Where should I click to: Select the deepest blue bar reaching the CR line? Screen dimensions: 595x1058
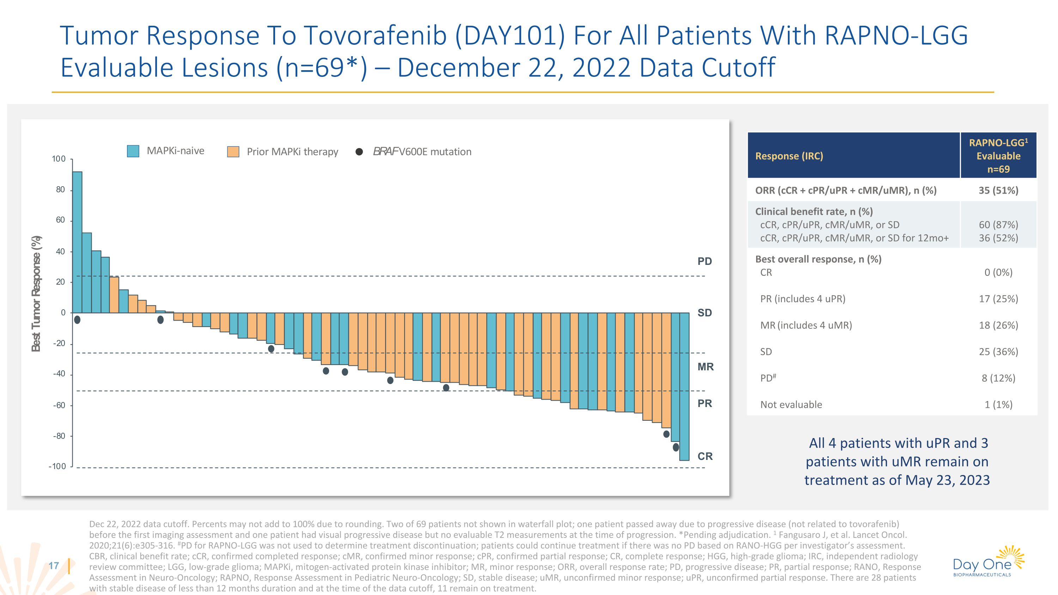684,386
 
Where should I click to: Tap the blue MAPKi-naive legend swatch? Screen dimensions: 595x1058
133,151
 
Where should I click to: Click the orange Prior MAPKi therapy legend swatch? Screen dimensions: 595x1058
233,152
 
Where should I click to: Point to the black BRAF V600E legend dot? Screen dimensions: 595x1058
359,152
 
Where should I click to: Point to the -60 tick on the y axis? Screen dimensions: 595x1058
59,406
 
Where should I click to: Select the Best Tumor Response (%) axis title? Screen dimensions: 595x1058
36,293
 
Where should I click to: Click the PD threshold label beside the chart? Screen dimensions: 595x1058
705,261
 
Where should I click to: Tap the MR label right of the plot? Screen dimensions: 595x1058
706,367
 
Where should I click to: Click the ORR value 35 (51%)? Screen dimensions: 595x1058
998,190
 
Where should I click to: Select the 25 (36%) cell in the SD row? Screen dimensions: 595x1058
998,352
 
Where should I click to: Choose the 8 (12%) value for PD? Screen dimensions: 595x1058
998,378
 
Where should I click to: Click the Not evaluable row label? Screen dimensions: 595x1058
791,405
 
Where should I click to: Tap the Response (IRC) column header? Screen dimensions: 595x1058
789,156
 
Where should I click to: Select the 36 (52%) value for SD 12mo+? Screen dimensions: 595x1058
998,238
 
